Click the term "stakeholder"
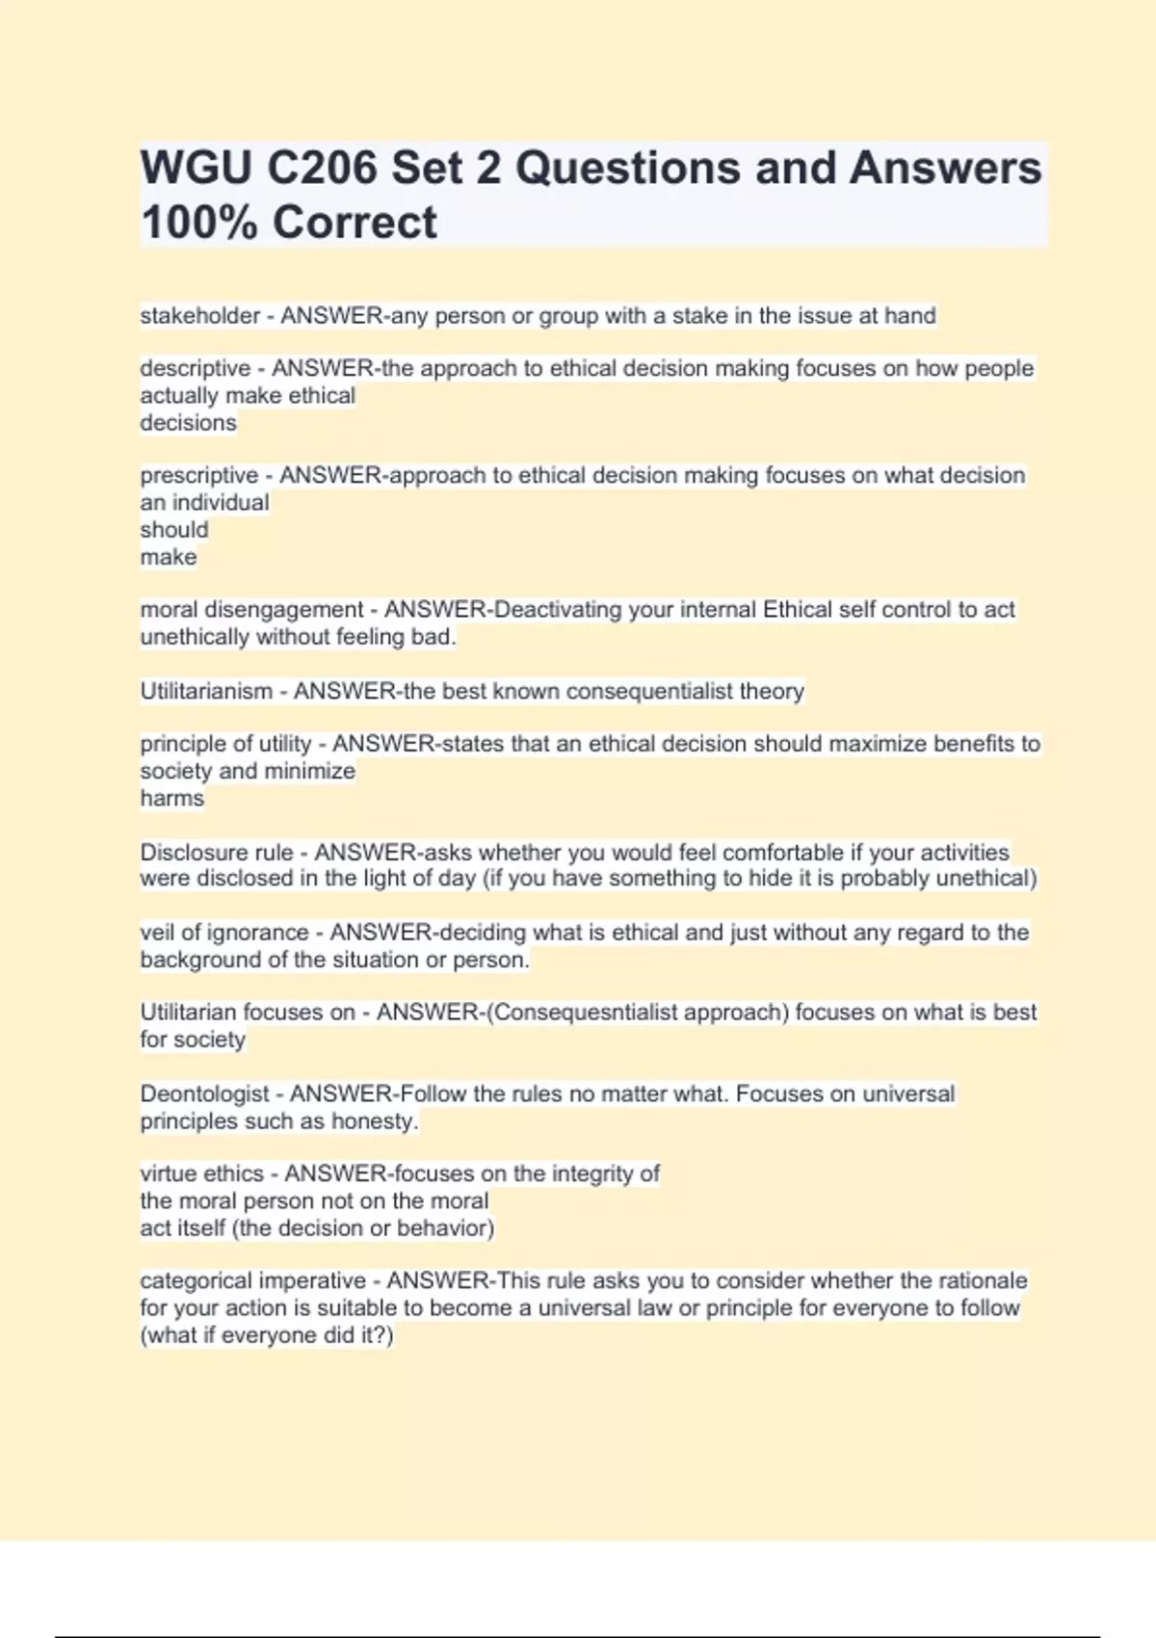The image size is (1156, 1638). [x=199, y=316]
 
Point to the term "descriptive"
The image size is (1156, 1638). [x=195, y=369]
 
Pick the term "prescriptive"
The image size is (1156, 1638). [x=198, y=476]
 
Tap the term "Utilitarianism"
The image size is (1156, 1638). [x=206, y=692]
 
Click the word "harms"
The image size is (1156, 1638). [x=171, y=799]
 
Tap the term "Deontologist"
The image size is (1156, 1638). [x=204, y=1095]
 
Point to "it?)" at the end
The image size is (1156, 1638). [x=374, y=1335]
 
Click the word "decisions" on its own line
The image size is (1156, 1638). [x=188, y=423]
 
